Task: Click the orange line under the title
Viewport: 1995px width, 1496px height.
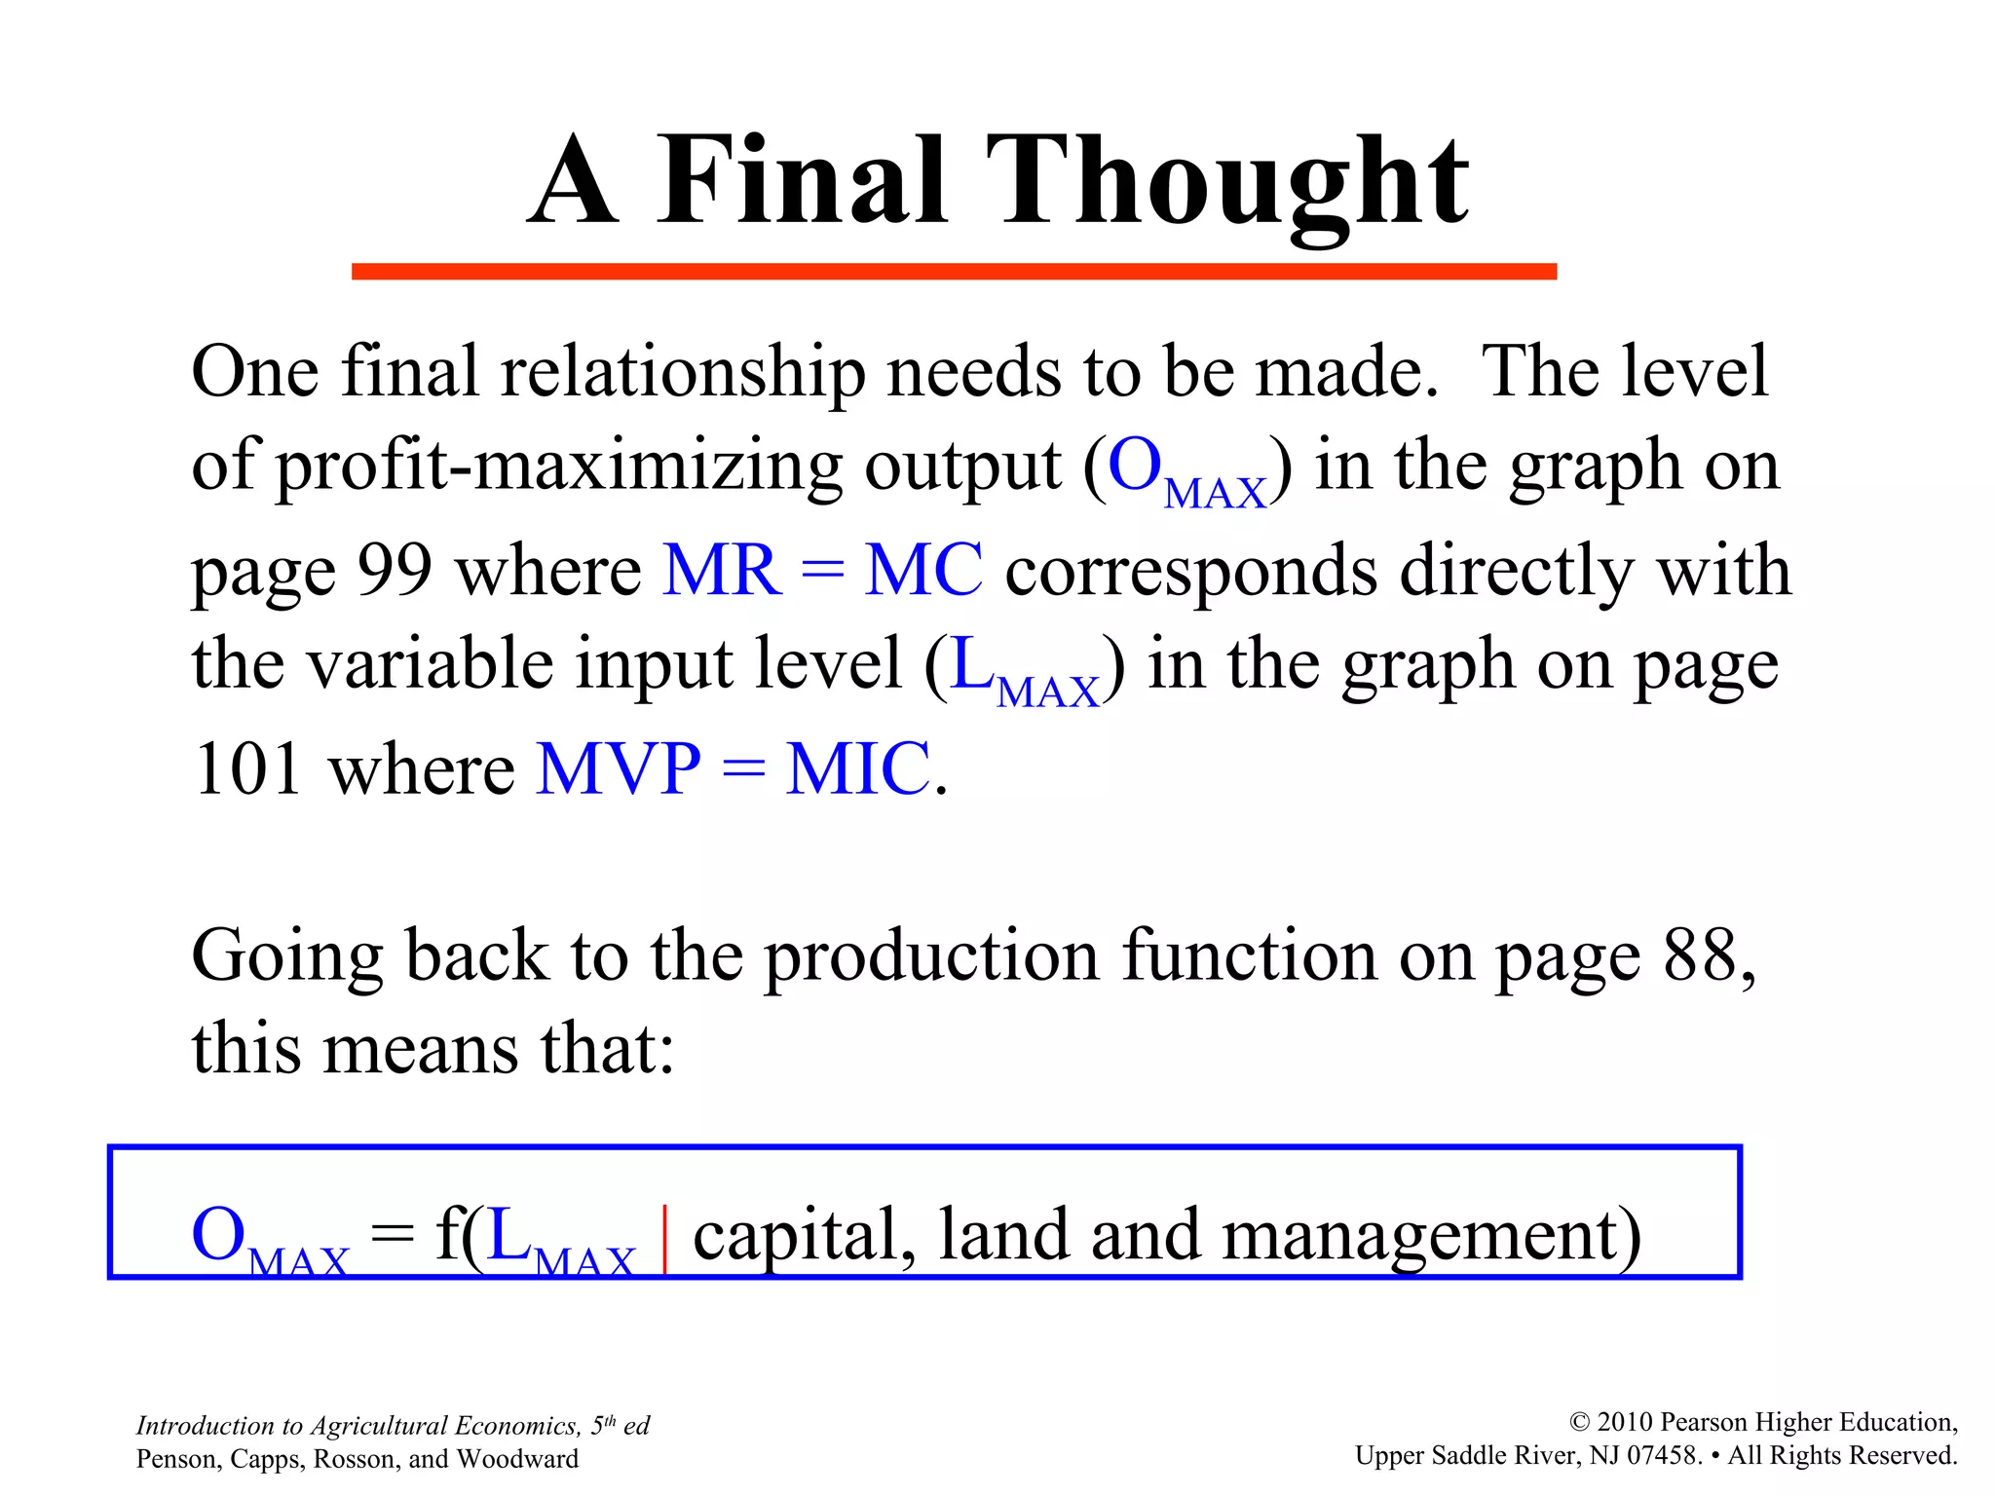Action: coord(954,272)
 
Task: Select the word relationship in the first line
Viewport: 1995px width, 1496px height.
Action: coord(682,373)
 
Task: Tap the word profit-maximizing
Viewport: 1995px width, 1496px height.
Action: coord(559,467)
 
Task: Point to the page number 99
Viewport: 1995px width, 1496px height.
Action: coord(395,570)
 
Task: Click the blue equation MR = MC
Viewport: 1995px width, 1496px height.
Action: coord(822,570)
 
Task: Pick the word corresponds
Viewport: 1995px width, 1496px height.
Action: coord(1190,572)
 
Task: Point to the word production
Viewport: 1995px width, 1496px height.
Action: coord(931,957)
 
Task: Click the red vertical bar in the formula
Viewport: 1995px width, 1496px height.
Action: coord(664,1238)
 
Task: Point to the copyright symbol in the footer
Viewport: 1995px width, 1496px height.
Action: coord(1579,1423)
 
